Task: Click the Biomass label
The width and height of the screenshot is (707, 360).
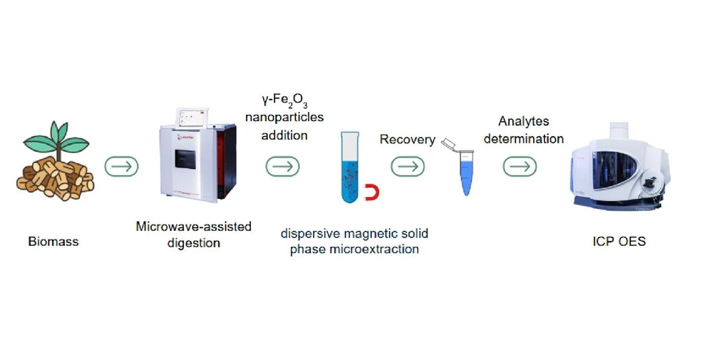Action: click(54, 242)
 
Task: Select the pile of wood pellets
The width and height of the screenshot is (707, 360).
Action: click(55, 177)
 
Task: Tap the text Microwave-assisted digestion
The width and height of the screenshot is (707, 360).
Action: click(194, 235)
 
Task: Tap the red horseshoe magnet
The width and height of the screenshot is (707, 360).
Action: click(371, 192)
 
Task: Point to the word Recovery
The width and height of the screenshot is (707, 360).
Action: click(407, 140)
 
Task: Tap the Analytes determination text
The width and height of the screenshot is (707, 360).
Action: click(524, 130)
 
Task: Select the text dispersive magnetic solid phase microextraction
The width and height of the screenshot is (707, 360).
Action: click(354, 241)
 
